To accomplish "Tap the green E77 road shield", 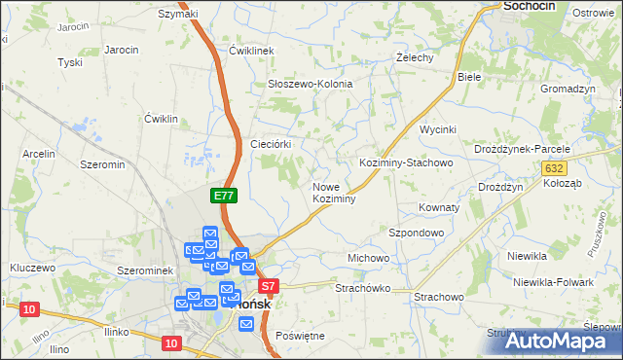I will [x=224, y=196].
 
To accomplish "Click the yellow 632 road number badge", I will [x=554, y=168].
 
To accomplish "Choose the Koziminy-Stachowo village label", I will [x=406, y=163].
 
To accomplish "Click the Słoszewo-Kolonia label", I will [x=310, y=85].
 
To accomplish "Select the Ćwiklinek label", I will [x=253, y=51].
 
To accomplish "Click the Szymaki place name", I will [x=178, y=14].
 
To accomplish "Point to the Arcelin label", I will [x=39, y=154].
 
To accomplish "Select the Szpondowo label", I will [x=417, y=234].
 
